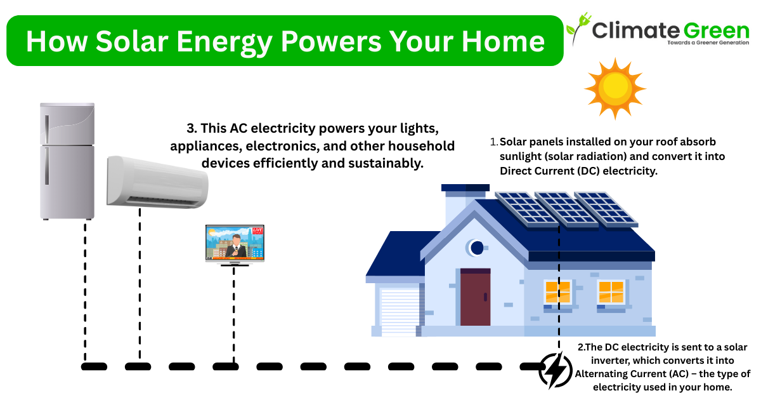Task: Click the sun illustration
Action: (615, 88)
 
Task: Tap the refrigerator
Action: (67, 161)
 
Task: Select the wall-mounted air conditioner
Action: (157, 182)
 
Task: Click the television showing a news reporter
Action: (235, 245)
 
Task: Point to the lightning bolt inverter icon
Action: (556, 371)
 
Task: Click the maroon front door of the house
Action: (475, 297)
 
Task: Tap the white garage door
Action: (400, 312)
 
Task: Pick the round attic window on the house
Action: (476, 248)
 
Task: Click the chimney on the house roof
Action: (465, 203)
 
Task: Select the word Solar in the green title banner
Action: (132, 41)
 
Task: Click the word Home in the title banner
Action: (503, 41)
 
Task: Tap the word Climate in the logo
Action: (635, 30)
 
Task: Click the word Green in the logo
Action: (716, 31)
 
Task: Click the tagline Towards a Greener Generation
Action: (708, 43)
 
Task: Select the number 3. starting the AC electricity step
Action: (192, 128)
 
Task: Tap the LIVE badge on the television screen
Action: (257, 230)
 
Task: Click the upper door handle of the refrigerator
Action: (47, 130)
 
